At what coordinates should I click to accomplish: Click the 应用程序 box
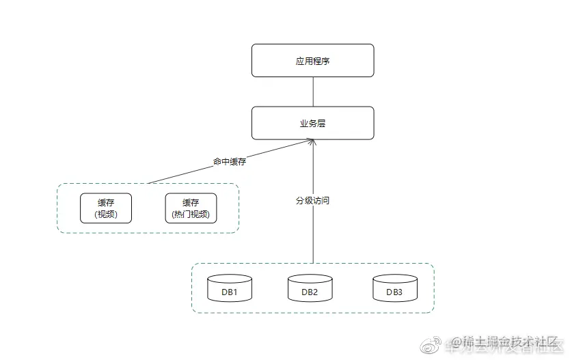pyautogui.click(x=312, y=61)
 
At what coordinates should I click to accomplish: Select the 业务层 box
pyautogui.click(x=312, y=123)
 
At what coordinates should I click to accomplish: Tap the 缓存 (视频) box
pyautogui.click(x=105, y=208)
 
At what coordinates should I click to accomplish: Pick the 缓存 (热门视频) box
pyautogui.click(x=191, y=208)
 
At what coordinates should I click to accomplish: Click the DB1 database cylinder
pyautogui.click(x=230, y=288)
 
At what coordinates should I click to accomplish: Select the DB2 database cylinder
pyautogui.click(x=310, y=288)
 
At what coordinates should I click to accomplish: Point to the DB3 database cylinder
pyautogui.click(x=394, y=288)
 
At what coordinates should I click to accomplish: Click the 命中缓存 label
pyautogui.click(x=229, y=162)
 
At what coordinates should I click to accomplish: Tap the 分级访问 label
pyautogui.click(x=312, y=201)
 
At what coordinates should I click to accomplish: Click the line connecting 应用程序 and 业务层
pyautogui.click(x=313, y=92)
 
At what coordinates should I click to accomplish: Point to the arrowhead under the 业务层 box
pyautogui.click(x=313, y=142)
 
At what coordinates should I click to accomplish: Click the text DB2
pyautogui.click(x=310, y=292)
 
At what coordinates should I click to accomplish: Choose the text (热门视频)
pyautogui.click(x=191, y=214)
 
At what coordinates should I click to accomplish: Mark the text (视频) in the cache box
pyautogui.click(x=105, y=214)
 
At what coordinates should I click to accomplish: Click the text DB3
pyautogui.click(x=394, y=292)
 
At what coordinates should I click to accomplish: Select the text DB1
pyautogui.click(x=230, y=292)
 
